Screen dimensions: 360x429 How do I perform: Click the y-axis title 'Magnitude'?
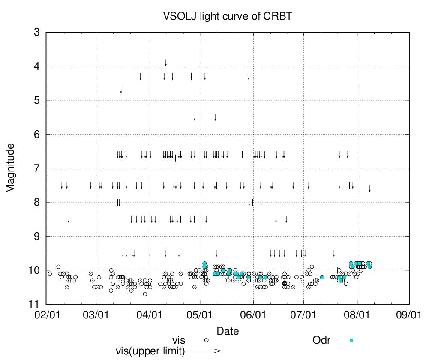(11, 168)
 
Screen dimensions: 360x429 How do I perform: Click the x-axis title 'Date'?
(228, 331)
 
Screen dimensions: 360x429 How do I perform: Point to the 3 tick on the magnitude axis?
(37, 32)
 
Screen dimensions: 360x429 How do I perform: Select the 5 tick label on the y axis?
(37, 100)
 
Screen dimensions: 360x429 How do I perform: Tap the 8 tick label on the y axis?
(37, 202)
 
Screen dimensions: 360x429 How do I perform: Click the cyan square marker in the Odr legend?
(351, 340)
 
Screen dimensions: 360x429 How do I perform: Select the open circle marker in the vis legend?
(206, 340)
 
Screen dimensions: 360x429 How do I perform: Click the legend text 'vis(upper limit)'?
(150, 351)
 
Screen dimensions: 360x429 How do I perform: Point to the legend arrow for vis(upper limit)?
(206, 351)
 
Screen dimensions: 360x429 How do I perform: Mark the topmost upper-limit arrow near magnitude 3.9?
(166, 63)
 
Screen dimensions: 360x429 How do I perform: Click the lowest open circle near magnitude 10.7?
(145, 294)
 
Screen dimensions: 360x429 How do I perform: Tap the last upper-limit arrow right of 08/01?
(370, 189)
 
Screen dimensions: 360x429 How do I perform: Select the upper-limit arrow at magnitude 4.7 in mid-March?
(121, 90)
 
